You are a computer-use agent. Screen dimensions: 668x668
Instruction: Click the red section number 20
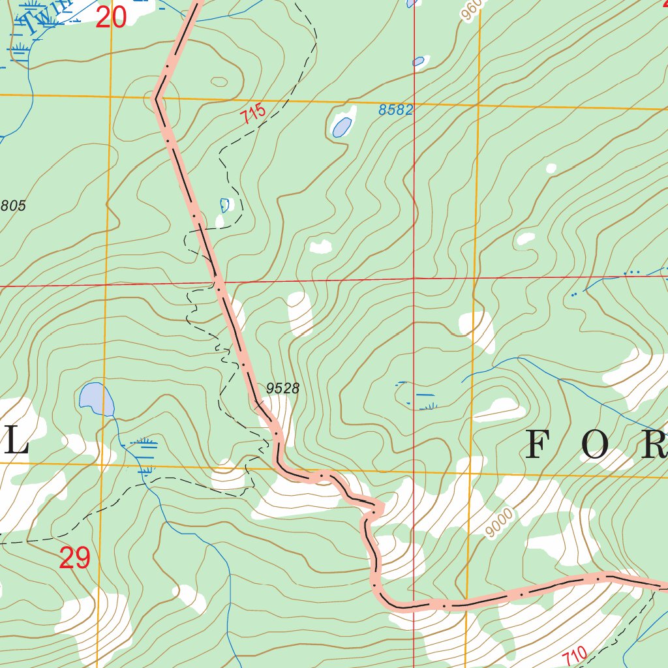pyautogui.click(x=110, y=18)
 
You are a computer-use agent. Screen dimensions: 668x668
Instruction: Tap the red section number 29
pyautogui.click(x=74, y=558)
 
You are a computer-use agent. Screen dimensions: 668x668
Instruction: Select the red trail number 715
pyautogui.click(x=253, y=114)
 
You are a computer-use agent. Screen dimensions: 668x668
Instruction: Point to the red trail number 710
pyautogui.click(x=575, y=656)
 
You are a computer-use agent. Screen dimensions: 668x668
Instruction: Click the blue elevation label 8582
pyautogui.click(x=396, y=110)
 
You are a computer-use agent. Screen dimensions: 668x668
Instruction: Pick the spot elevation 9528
pyautogui.click(x=282, y=389)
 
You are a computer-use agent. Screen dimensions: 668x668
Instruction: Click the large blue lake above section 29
pyautogui.click(x=97, y=399)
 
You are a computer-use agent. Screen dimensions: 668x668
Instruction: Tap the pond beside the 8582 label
pyautogui.click(x=342, y=126)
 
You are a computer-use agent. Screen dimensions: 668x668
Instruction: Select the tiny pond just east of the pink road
pyautogui.click(x=225, y=205)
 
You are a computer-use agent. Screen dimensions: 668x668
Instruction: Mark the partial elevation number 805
pyautogui.click(x=13, y=206)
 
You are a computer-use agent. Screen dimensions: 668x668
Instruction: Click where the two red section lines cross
pyautogui.click(x=414, y=279)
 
